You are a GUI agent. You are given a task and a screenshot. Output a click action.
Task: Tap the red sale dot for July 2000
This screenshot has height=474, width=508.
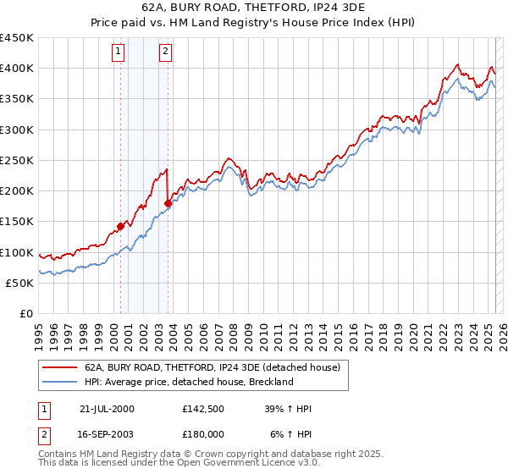coord(121,226)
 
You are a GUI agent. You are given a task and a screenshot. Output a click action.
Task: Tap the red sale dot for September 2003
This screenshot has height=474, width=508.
coord(168,203)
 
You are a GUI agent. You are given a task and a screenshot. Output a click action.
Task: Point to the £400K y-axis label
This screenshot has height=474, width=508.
coord(17,69)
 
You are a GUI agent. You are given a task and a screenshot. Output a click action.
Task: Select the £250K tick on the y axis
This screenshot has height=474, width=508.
coord(17,160)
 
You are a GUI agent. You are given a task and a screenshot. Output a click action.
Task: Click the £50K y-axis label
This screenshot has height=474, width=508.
coord(20,283)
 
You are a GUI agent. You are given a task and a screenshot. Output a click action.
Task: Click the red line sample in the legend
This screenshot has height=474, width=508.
coord(59,368)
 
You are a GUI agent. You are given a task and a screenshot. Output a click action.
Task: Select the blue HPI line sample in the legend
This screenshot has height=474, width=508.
coord(59,382)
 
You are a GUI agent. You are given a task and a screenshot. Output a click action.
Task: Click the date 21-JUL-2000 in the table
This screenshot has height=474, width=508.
coord(107,409)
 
